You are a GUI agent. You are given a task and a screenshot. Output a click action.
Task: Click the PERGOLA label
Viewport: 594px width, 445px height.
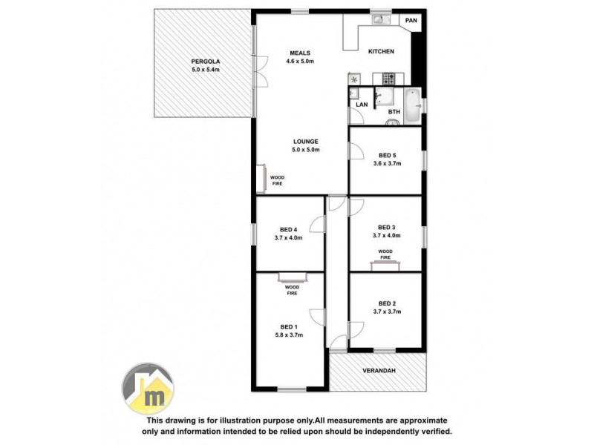pyautogui.click(x=205, y=61)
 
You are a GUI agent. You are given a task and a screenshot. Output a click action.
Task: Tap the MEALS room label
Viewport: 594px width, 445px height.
pyautogui.click(x=300, y=53)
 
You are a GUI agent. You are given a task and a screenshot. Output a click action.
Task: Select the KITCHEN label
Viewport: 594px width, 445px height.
pyautogui.click(x=381, y=51)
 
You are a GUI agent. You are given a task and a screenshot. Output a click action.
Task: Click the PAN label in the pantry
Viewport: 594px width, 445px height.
pyautogui.click(x=411, y=20)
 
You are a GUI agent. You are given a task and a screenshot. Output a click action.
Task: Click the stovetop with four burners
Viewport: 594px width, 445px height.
pyautogui.click(x=390, y=77)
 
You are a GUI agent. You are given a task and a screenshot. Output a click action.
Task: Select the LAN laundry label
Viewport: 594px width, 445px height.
pyautogui.click(x=362, y=105)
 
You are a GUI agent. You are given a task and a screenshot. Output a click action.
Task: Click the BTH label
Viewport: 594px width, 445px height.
pyautogui.click(x=394, y=112)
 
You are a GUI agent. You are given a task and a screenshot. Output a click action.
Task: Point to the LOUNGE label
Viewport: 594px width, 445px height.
pyautogui.click(x=305, y=141)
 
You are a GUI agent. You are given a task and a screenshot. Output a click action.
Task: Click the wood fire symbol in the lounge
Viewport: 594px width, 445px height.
pyautogui.click(x=261, y=178)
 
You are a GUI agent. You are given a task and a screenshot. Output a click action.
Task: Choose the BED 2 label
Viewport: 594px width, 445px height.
pyautogui.click(x=387, y=303)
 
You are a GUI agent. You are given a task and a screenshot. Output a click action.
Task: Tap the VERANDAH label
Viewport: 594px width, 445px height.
pyautogui.click(x=378, y=370)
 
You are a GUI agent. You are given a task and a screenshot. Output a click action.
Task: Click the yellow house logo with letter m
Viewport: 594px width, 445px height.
pyautogui.click(x=148, y=389)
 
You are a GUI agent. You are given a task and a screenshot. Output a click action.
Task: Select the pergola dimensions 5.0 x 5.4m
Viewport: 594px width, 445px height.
pyautogui.click(x=205, y=70)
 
